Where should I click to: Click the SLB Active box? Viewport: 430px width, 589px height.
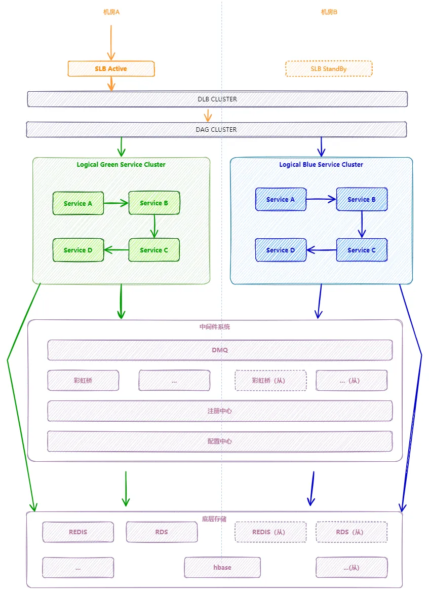pos(111,69)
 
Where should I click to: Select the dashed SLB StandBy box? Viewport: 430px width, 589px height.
pos(329,69)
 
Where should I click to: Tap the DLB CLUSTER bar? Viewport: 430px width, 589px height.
pos(217,99)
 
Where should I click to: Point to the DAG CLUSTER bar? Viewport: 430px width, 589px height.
pos(216,130)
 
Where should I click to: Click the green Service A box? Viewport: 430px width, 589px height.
pos(78,203)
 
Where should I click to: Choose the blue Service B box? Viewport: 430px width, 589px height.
pos(362,200)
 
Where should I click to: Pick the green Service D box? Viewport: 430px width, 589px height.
pos(78,250)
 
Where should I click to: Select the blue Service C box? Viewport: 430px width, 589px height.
pos(362,250)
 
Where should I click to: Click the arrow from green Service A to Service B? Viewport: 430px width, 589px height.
pos(116,203)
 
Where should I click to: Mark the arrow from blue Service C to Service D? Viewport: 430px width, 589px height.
pos(322,250)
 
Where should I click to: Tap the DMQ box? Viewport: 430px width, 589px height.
pos(220,350)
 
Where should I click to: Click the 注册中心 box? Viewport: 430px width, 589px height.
pos(220,411)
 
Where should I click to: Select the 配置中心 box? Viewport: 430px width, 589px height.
pos(220,441)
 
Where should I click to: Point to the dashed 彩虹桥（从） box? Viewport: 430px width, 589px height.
pos(270,381)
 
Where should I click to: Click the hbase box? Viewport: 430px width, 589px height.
pos(222,567)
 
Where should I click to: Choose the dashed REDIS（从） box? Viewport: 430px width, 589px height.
pos(270,532)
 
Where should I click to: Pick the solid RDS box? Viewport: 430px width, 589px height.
pos(162,532)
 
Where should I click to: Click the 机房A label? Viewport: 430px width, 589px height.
pos(111,12)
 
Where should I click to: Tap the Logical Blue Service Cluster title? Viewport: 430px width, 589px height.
pos(321,165)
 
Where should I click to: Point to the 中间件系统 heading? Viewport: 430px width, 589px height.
pos(215,327)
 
